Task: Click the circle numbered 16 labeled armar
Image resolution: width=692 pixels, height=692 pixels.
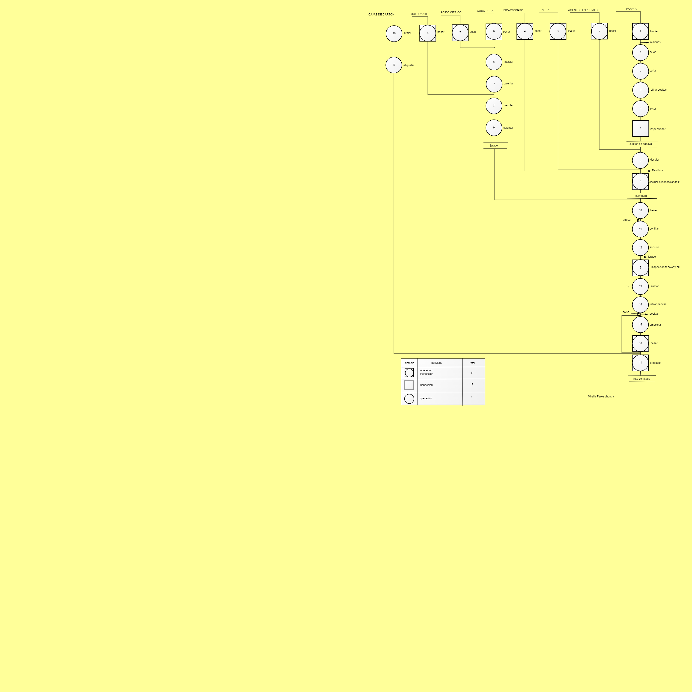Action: [394, 34]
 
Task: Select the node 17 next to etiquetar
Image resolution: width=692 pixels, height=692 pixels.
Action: [394, 65]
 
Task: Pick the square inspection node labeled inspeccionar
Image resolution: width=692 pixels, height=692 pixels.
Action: [640, 128]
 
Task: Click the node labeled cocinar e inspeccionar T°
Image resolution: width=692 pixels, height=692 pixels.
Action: [640, 182]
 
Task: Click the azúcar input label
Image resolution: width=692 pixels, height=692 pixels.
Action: [627, 220]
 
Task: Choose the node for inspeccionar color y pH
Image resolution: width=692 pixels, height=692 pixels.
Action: [640, 268]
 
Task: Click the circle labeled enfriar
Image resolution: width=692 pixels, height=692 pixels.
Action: [640, 286]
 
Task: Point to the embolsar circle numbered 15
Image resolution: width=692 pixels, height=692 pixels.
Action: [640, 325]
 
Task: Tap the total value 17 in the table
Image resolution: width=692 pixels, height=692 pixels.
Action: [472, 385]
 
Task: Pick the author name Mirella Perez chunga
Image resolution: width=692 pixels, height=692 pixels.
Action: [601, 397]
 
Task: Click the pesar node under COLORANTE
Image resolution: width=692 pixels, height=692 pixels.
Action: [428, 33]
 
